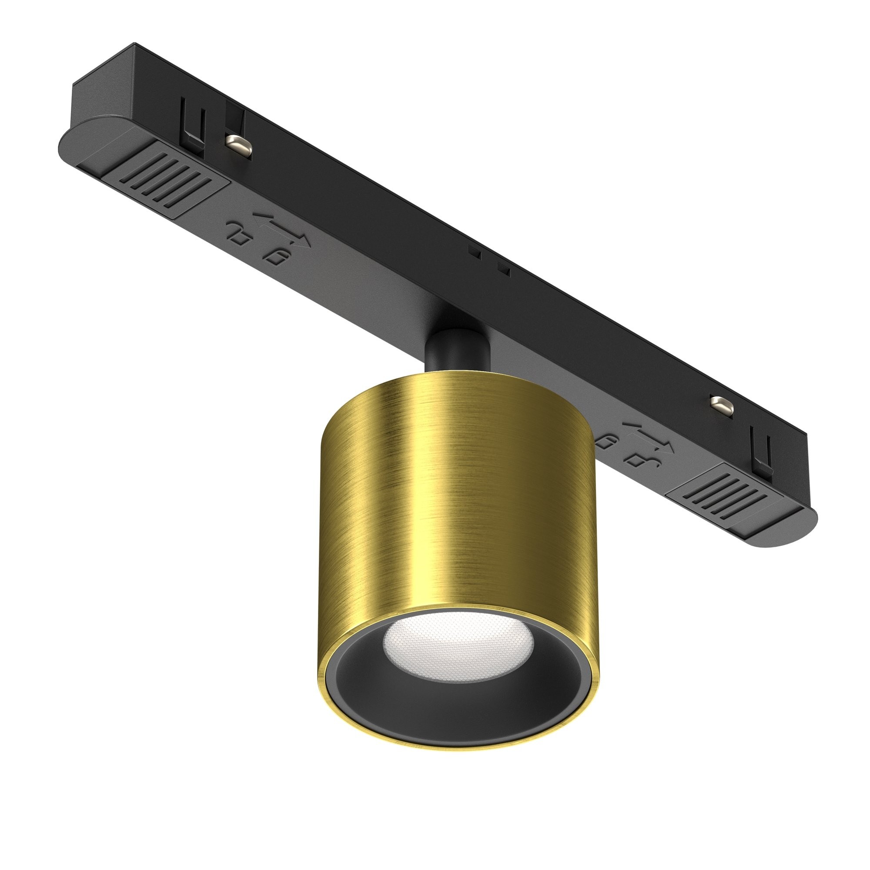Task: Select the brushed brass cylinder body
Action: pos(450,495)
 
